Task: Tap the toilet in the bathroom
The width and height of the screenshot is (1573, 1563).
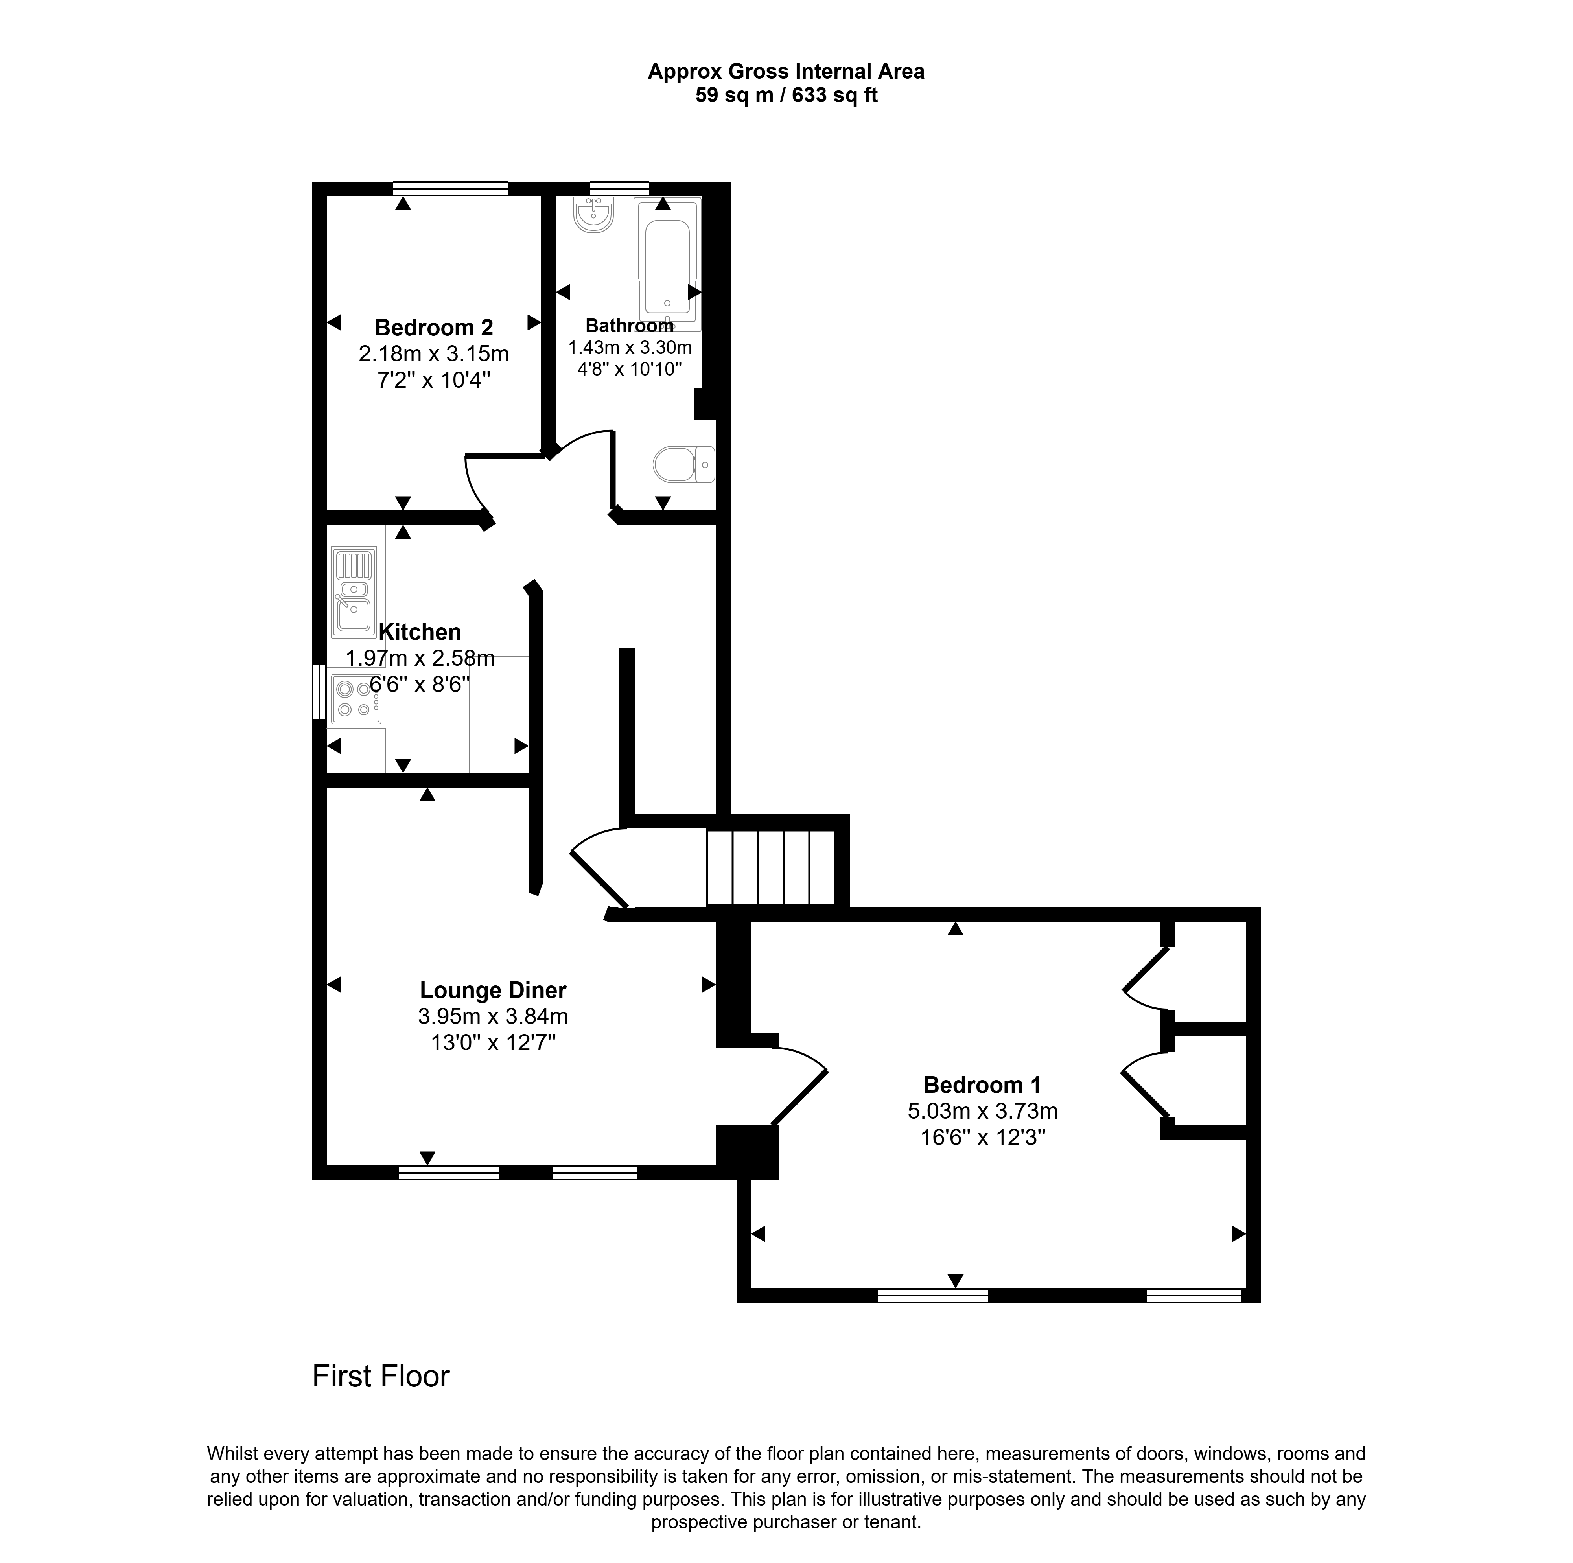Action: pos(684,464)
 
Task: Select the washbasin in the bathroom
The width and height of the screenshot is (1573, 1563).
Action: pos(593,215)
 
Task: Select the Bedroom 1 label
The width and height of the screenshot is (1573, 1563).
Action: pos(982,1084)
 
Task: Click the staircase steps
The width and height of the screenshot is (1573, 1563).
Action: pos(770,867)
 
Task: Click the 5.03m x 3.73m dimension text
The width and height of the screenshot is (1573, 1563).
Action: pos(982,1110)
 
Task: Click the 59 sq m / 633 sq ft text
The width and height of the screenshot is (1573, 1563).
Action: pos(786,95)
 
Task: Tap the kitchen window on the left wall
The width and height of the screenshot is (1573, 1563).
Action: pos(319,692)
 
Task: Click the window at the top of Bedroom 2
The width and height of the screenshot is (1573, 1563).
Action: pos(450,188)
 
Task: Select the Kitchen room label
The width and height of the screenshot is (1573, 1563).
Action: pos(419,632)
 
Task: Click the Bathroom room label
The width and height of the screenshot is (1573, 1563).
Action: pos(629,326)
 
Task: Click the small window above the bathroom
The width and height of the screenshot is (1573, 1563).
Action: pos(620,188)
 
